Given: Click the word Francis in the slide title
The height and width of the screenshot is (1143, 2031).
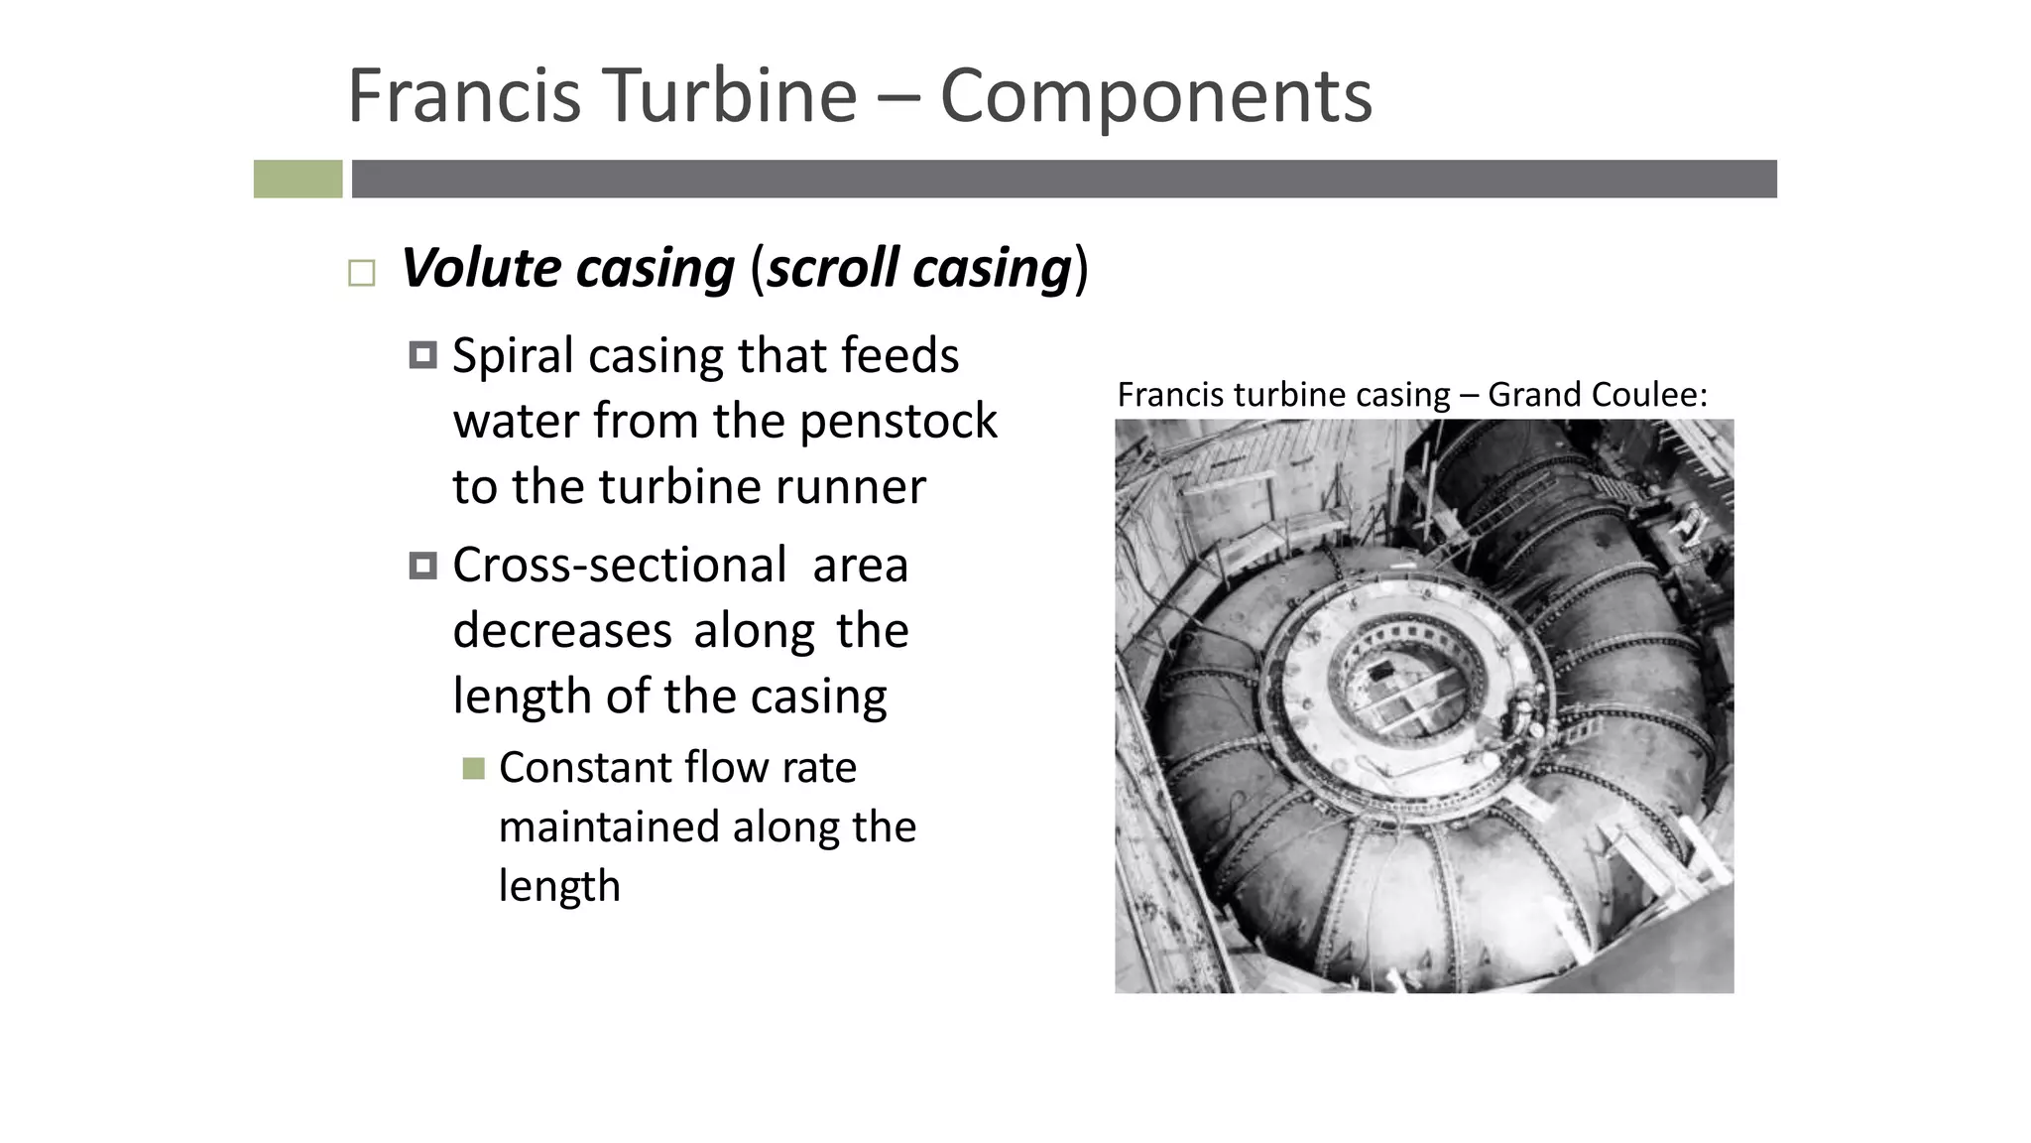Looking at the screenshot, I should click(x=464, y=95).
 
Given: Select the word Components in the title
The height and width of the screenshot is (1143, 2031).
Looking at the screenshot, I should click(x=1155, y=97).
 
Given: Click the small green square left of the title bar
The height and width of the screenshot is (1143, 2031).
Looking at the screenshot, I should click(x=298, y=180).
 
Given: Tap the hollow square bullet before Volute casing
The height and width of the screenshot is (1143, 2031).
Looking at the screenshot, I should click(x=362, y=273).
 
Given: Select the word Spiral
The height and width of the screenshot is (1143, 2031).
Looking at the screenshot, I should click(x=513, y=356).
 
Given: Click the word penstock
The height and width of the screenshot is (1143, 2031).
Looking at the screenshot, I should click(x=897, y=421).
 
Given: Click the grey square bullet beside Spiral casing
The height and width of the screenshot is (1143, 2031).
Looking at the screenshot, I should click(x=422, y=355).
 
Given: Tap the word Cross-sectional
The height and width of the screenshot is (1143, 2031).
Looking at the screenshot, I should click(x=619, y=566).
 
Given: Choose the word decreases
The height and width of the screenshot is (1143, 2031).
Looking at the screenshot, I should click(x=562, y=631).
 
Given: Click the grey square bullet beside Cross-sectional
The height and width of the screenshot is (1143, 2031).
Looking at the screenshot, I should click(x=422, y=566).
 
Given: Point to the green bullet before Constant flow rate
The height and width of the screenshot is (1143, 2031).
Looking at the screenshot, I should click(x=473, y=768).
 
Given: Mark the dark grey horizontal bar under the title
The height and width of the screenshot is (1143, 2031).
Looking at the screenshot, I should click(x=1063, y=180).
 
